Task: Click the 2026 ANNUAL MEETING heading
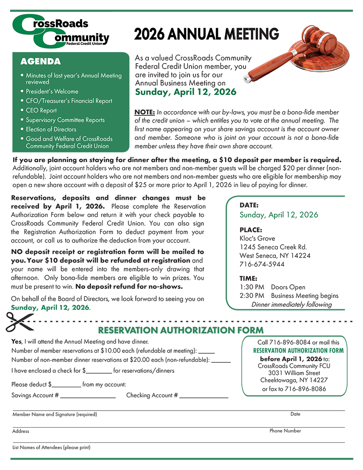tap(206, 34)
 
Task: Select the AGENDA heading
tap(41, 61)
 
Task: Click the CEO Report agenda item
tap(41, 110)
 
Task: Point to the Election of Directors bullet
tap(51, 129)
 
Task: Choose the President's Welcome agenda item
tap(52, 91)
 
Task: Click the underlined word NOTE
tap(144, 112)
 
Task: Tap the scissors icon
tap(17, 322)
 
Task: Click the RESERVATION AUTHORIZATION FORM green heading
tap(181, 330)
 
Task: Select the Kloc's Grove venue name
tap(257, 238)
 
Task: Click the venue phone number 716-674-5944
tap(262, 264)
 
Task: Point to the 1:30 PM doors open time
tap(252, 287)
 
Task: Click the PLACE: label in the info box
tap(251, 230)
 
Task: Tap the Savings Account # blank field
tap(88, 396)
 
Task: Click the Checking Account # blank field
tap(203, 396)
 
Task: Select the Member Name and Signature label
tap(54, 415)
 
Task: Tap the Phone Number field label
tap(285, 430)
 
